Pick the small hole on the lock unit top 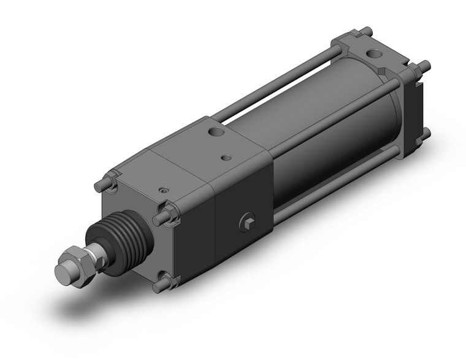pyautogui.click(x=227, y=158)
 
